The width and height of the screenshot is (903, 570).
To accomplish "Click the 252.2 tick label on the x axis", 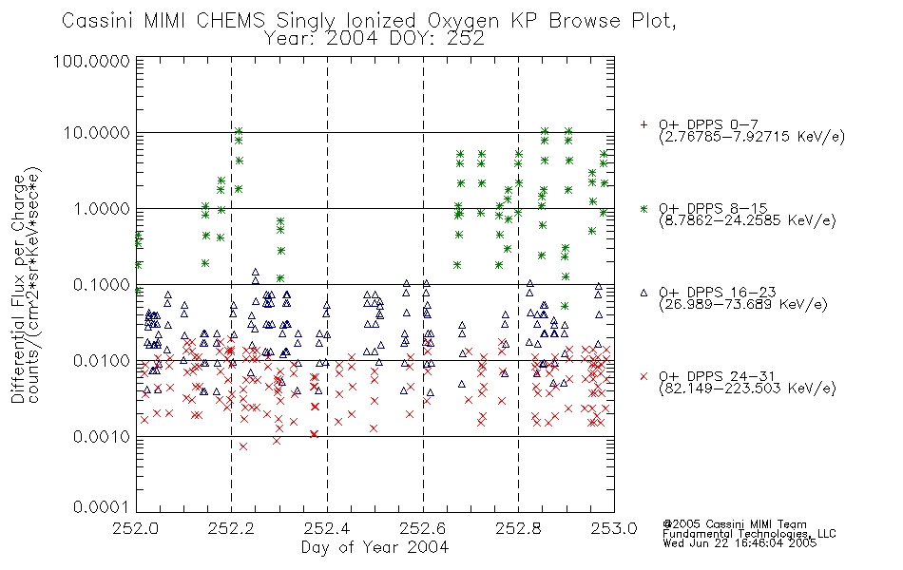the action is tap(231, 528).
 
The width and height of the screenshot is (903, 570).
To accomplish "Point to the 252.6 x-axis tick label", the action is tap(423, 528).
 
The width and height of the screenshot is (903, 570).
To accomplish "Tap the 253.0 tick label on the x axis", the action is tap(614, 528).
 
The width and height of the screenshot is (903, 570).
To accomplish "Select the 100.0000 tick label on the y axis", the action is tap(91, 61).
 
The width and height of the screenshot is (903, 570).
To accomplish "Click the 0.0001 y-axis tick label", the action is tap(102, 506).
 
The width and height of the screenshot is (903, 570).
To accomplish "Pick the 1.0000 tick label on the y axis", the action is tap(102, 208).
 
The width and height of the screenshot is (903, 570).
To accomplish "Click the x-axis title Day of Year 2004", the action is tap(375, 547).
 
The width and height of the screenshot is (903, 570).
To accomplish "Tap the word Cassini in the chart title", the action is tap(99, 21).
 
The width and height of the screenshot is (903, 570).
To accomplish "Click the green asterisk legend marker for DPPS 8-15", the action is tap(644, 208).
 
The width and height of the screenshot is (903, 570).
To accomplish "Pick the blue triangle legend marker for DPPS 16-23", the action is tap(644, 293).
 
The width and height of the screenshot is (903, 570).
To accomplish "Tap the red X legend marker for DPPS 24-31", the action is tap(644, 376).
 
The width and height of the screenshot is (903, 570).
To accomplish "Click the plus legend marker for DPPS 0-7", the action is tap(644, 124).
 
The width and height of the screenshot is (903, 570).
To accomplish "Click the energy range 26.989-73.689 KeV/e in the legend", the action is tap(743, 305).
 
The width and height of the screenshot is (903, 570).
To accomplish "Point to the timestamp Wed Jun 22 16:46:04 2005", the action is tap(740, 542).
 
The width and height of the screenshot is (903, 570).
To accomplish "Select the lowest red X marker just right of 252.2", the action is tap(243, 446).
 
